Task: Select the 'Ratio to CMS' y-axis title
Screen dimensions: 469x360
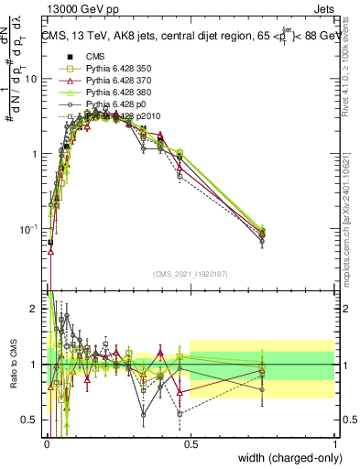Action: click(x=12, y=364)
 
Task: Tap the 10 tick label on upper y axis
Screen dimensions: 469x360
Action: click(x=31, y=79)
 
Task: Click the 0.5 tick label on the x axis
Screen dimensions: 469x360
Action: click(x=191, y=442)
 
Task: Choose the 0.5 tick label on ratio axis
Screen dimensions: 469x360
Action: click(x=31, y=420)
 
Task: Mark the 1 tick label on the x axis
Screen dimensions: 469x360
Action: click(x=334, y=442)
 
